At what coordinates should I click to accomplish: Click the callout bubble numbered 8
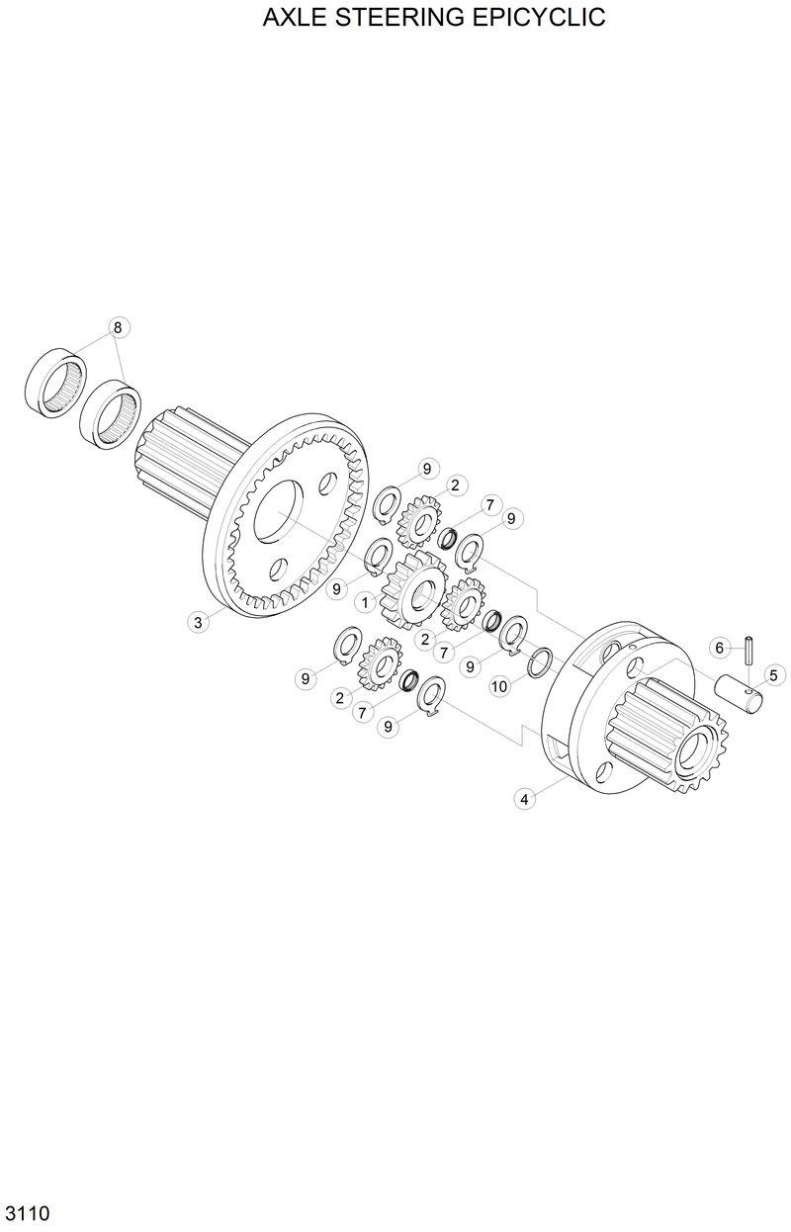118,327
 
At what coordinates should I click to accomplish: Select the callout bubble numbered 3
199,622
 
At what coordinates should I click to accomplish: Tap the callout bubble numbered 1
365,601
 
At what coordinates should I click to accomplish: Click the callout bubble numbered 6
721,648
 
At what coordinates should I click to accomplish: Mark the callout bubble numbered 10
499,685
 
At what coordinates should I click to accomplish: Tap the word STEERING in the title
403,18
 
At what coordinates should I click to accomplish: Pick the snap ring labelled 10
540,661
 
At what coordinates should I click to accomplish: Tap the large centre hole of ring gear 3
285,511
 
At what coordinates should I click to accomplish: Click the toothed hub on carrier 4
662,742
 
